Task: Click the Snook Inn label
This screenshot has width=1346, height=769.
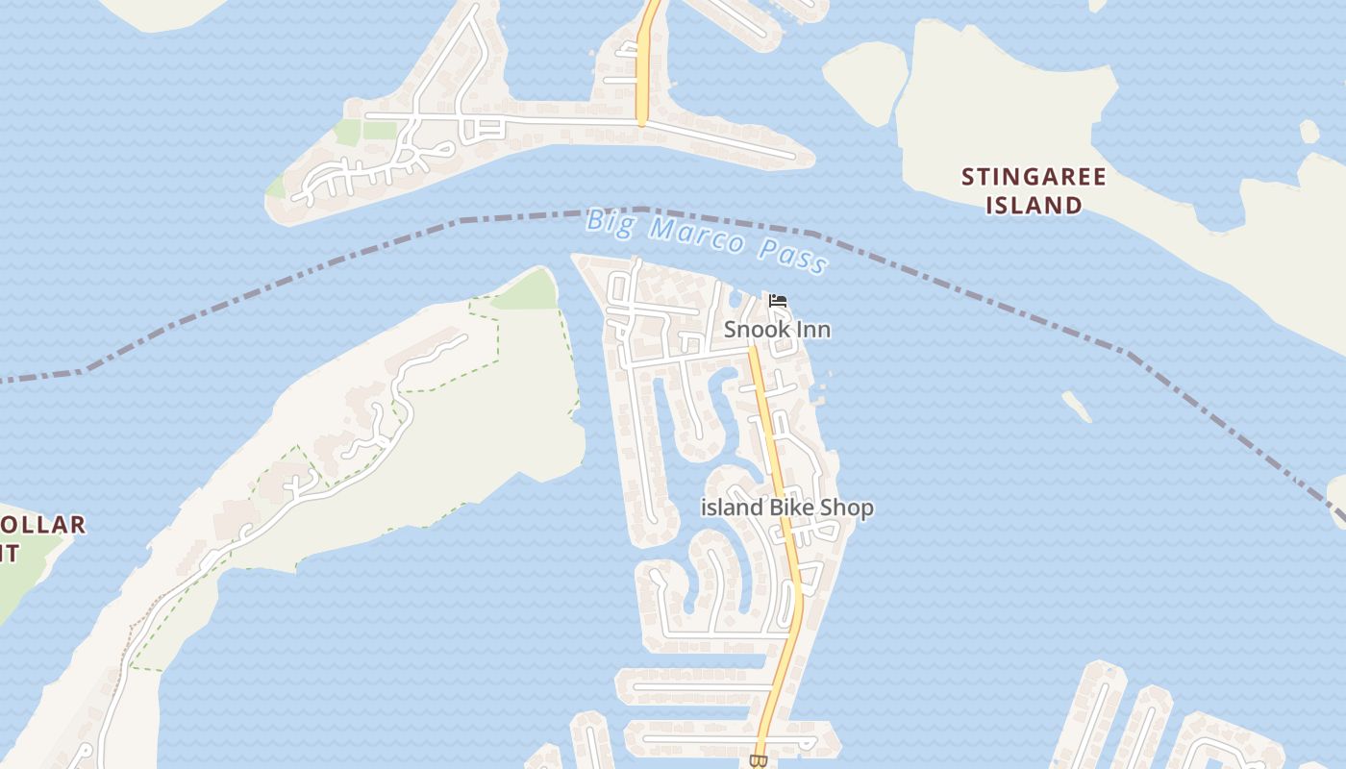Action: point(777,330)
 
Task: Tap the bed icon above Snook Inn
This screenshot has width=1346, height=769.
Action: point(778,301)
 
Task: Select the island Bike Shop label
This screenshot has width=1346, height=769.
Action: point(787,508)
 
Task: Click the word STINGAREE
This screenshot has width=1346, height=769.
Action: point(1034,177)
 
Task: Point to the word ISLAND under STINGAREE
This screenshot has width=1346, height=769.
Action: point(1034,205)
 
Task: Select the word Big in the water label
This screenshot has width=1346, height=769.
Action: point(609,221)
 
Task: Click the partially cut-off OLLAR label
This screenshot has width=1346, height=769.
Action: point(43,526)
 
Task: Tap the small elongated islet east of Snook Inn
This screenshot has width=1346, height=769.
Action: point(1077,407)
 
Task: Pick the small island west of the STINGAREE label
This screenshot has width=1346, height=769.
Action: point(865,81)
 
